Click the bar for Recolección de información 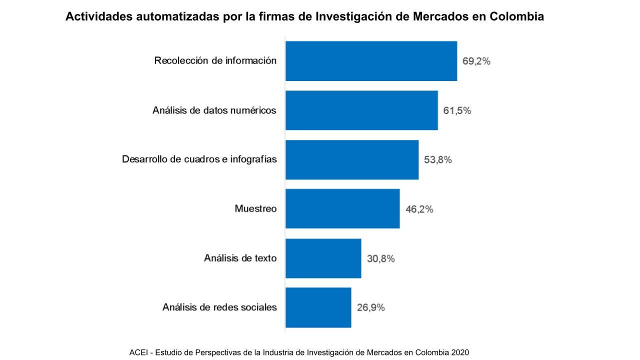coord(371,61)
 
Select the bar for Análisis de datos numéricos coord(361,110)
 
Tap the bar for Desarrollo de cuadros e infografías coord(352,159)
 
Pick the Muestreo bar coord(342,208)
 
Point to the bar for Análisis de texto coord(323,258)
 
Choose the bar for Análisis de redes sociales coord(318,307)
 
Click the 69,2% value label coord(476,61)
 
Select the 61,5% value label coord(457,110)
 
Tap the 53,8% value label coord(438,160)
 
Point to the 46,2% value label coord(419,209)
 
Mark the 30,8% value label coord(380,258)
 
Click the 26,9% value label coord(370,307)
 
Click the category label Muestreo coord(255,208)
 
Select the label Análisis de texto coord(240,258)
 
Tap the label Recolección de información coord(215,60)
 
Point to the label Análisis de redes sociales coord(219,307)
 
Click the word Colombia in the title coord(516,16)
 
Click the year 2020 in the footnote coord(460,352)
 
